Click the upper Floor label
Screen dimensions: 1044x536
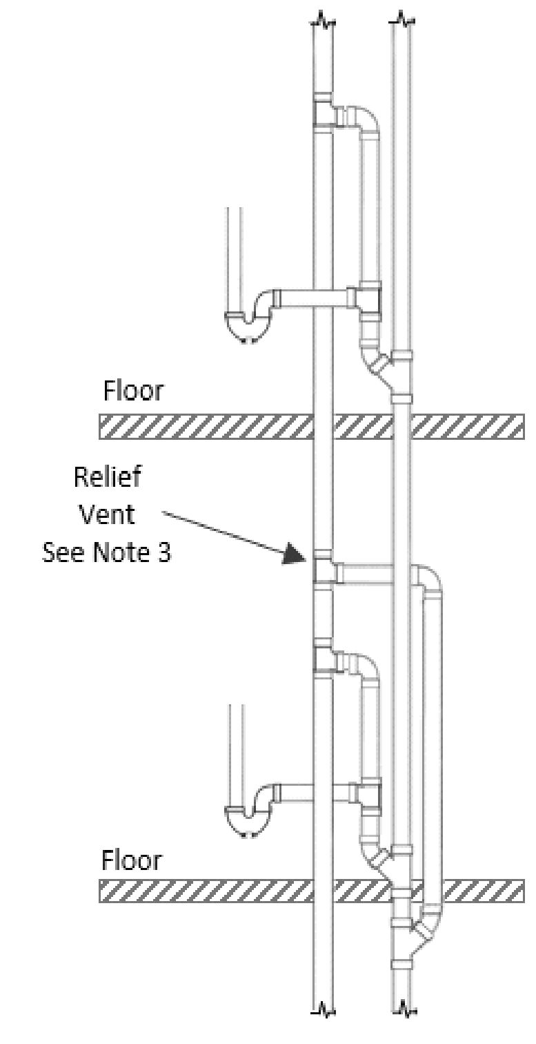pos(133,391)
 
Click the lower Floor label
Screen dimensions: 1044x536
pos(132,861)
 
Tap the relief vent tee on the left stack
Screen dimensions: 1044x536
pos(324,572)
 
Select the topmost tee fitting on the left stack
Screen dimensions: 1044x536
pos(324,111)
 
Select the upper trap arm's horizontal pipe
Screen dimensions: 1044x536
pos(314,298)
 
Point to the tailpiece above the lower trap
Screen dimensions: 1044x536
pos(235,746)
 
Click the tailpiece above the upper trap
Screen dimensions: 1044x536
pos(235,255)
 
